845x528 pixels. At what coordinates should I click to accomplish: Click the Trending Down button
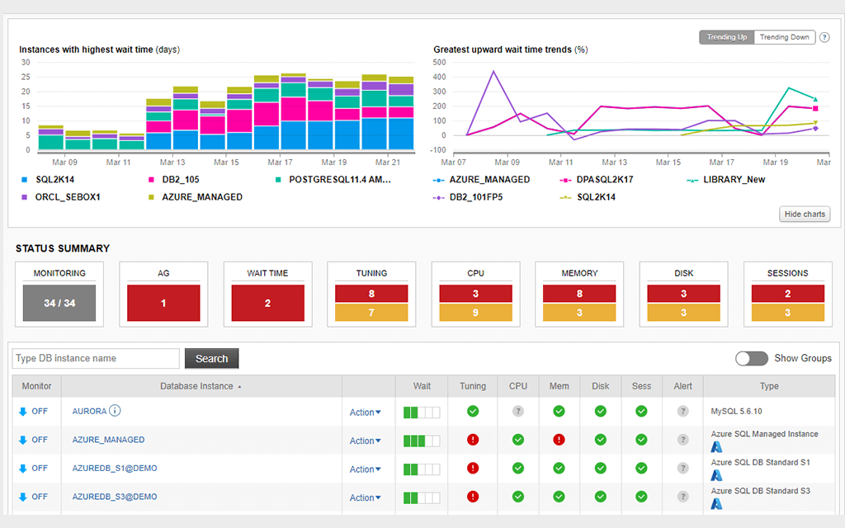tap(784, 37)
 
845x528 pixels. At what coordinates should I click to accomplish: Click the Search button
tap(211, 358)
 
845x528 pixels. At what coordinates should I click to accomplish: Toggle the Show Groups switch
tap(751, 358)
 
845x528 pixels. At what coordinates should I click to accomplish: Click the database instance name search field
tap(96, 358)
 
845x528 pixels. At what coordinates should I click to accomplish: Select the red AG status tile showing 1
tap(163, 303)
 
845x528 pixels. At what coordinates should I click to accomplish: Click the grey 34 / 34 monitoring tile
tap(59, 303)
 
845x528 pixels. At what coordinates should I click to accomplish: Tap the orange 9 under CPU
tap(475, 313)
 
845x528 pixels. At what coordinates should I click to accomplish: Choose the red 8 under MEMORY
tap(579, 293)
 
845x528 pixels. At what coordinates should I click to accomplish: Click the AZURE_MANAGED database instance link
tap(108, 440)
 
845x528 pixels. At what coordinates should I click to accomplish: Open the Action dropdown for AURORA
tap(365, 412)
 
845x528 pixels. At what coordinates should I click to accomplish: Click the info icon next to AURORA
tap(116, 411)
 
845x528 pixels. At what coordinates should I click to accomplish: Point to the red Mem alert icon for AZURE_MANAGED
tap(559, 440)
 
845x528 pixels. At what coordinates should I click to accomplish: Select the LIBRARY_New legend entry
tap(734, 179)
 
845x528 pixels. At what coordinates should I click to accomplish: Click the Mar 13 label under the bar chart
tap(172, 163)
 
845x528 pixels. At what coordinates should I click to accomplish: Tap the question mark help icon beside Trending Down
tap(824, 37)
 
